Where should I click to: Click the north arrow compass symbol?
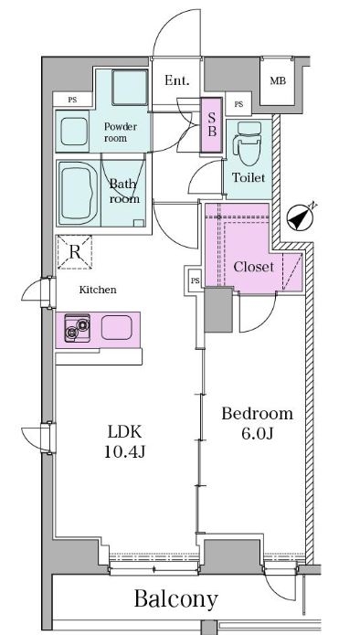point(301,218)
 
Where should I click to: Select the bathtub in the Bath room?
point(77,193)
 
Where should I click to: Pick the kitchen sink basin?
point(117,327)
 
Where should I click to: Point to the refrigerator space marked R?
point(75,252)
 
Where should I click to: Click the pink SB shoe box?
point(212,125)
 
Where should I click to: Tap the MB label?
point(278,81)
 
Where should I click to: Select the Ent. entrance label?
point(177,80)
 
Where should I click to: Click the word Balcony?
point(176,599)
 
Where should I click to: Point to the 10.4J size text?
point(125,452)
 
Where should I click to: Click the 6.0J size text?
point(258,433)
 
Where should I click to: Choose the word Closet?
point(253,267)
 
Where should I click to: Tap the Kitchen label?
point(98,290)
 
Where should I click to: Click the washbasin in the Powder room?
point(74,132)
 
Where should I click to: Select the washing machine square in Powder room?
point(130,88)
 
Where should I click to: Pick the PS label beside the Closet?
point(196,280)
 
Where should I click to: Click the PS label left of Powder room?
point(72,100)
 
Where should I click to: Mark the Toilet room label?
point(249,177)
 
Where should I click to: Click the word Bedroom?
point(258,414)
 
